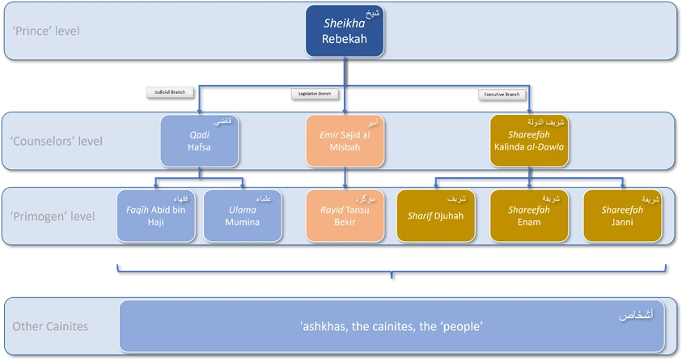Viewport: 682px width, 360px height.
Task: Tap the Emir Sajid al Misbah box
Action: [345, 141]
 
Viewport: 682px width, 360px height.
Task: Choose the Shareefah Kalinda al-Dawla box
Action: [529, 141]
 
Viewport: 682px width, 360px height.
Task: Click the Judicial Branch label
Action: [170, 92]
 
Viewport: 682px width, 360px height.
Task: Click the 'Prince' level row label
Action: [46, 32]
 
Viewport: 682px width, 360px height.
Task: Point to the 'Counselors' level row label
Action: [57, 141]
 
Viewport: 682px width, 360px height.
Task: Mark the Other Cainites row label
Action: [50, 327]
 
